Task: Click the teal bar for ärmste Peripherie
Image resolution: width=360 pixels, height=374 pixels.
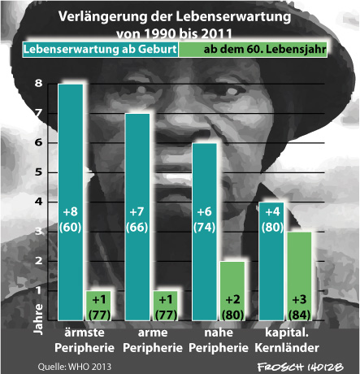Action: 71,202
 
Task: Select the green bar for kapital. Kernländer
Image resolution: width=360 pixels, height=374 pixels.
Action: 299,276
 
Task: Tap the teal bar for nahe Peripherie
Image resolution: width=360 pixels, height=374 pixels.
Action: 204,232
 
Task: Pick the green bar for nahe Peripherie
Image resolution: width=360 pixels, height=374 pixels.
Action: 232,291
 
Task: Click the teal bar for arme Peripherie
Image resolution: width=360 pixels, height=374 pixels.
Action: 137,217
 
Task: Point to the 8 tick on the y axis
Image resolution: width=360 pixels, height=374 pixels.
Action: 39,83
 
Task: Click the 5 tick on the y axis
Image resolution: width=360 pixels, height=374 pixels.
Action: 39,172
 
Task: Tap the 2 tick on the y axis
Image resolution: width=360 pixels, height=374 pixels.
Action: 39,261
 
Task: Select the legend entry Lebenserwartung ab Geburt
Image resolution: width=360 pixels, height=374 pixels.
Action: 100,50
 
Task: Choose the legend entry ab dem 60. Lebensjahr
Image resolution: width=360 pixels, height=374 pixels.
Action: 253,50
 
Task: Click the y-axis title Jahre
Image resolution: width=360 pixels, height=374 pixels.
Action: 38,319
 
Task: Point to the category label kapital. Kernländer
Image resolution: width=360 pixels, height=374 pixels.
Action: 287,340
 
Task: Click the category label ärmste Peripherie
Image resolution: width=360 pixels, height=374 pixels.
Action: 85,340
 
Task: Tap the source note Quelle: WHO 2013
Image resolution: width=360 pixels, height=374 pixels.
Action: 75,367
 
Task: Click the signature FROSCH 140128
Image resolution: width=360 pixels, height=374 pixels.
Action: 300,367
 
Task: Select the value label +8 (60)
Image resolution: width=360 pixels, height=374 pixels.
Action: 71,220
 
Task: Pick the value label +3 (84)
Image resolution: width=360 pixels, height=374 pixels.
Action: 299,307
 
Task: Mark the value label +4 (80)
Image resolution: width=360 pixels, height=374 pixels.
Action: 272,220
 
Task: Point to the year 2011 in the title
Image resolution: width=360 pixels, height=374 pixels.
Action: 217,33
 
